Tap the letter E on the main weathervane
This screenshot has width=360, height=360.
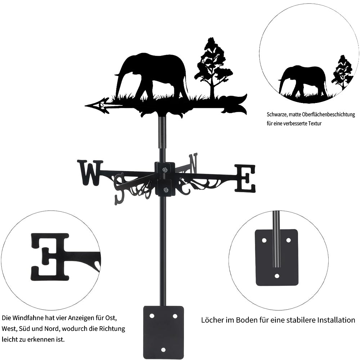[245, 178]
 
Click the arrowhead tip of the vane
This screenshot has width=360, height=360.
[85, 106]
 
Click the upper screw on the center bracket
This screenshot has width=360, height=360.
[165, 170]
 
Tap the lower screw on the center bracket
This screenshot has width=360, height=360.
[165, 190]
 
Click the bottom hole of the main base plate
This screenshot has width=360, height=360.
[163, 350]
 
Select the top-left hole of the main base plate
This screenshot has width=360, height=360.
[152, 316]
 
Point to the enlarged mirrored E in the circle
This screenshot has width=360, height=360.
[50, 257]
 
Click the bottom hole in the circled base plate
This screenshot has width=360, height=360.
[277, 276]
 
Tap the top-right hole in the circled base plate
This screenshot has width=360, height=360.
[288, 240]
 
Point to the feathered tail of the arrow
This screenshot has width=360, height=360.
[234, 104]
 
